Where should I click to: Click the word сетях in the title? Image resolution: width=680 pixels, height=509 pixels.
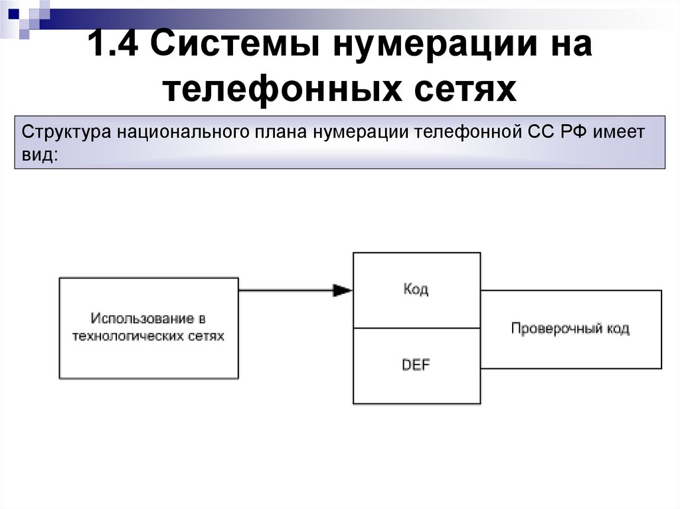466,88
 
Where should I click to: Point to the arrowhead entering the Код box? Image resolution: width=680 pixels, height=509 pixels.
343,290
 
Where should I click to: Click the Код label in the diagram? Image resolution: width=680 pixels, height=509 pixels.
416,289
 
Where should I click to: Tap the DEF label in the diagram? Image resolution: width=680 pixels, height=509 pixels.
416,365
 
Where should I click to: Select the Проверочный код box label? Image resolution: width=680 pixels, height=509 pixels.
570,328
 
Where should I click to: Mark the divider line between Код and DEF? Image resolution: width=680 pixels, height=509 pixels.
416,328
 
